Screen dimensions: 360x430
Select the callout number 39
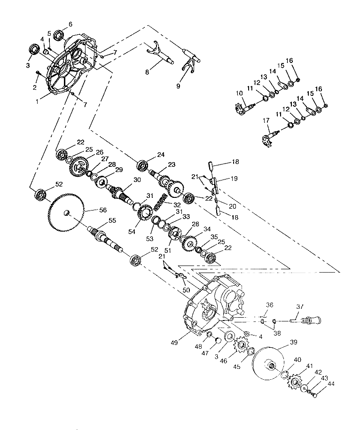tap(294, 342)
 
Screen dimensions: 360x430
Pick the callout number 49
tap(174, 343)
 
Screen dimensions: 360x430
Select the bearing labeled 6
tap(59, 35)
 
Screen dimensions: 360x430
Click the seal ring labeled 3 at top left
tap(34, 49)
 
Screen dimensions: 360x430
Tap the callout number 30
tap(137, 180)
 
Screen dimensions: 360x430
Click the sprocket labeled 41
tap(295, 382)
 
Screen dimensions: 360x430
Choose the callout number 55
tap(112, 220)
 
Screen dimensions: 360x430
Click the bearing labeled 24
tap(142, 166)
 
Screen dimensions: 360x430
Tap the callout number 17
tap(266, 120)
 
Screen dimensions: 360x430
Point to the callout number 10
tap(239, 93)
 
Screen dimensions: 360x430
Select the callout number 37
tap(300, 306)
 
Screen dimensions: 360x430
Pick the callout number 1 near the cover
tap(37, 102)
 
